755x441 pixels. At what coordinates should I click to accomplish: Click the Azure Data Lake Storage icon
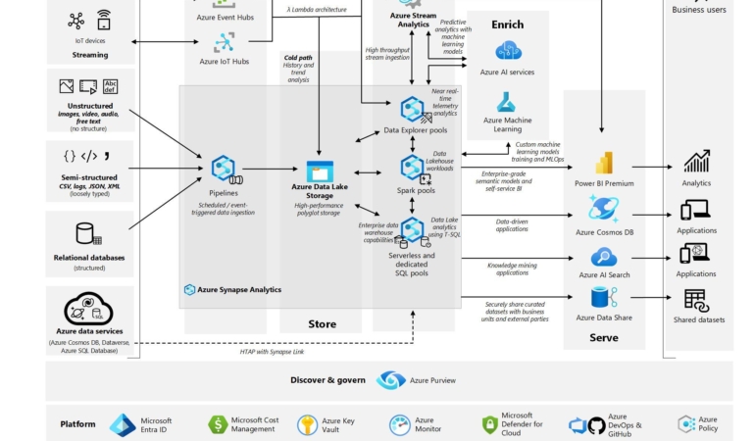pyautogui.click(x=321, y=171)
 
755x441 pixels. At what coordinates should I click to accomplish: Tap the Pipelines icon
pyautogui.click(x=226, y=169)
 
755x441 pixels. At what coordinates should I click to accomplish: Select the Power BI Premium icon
pyautogui.click(x=604, y=164)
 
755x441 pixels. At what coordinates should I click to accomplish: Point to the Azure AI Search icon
pyautogui.click(x=604, y=257)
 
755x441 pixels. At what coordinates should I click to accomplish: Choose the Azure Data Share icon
pyautogui.click(x=604, y=298)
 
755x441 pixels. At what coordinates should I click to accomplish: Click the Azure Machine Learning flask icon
pyautogui.click(x=507, y=102)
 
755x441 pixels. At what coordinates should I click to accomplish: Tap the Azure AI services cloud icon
pyautogui.click(x=508, y=51)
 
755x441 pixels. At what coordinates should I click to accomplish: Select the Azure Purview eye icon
pyautogui.click(x=391, y=380)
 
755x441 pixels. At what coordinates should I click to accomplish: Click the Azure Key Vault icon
pyautogui.click(x=308, y=425)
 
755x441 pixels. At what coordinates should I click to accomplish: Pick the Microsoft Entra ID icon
pyautogui.click(x=123, y=425)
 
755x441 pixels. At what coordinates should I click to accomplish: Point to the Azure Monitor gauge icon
pyautogui.click(x=400, y=425)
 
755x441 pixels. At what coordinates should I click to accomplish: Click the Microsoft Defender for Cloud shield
pyautogui.click(x=490, y=425)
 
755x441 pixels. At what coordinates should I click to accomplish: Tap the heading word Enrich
pyautogui.click(x=507, y=24)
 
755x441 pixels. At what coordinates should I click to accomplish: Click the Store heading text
pyautogui.click(x=322, y=323)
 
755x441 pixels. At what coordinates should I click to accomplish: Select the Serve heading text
pyautogui.click(x=604, y=338)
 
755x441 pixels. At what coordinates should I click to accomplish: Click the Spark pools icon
pyautogui.click(x=413, y=168)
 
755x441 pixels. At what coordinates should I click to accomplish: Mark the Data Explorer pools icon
pyautogui.click(x=413, y=109)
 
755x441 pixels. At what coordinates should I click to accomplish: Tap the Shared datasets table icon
pyautogui.click(x=696, y=300)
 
